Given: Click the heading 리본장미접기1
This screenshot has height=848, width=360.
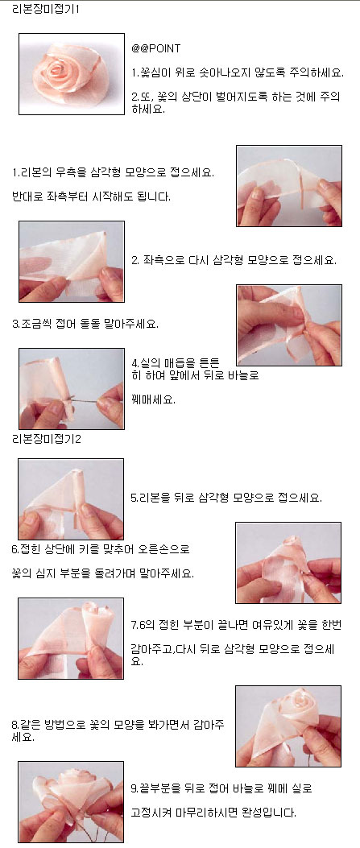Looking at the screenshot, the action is tap(46, 10).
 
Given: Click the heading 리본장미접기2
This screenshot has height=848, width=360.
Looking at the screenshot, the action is tap(47, 439).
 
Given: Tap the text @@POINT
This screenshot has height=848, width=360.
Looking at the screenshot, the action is tap(155, 48).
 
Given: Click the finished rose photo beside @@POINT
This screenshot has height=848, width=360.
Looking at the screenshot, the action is tap(72, 74).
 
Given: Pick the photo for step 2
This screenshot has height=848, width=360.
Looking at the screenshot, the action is tap(72, 261).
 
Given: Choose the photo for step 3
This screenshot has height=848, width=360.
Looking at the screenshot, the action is tap(289, 325).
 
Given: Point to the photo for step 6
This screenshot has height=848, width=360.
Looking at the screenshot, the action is tap(288, 562).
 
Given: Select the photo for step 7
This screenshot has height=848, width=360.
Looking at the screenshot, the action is tap(71, 638).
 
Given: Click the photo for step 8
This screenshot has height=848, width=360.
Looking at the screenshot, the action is tap(288, 726).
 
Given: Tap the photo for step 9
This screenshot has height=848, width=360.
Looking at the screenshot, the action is tap(71, 802).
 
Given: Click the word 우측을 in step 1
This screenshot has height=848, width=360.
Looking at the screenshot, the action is tap(66, 174).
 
